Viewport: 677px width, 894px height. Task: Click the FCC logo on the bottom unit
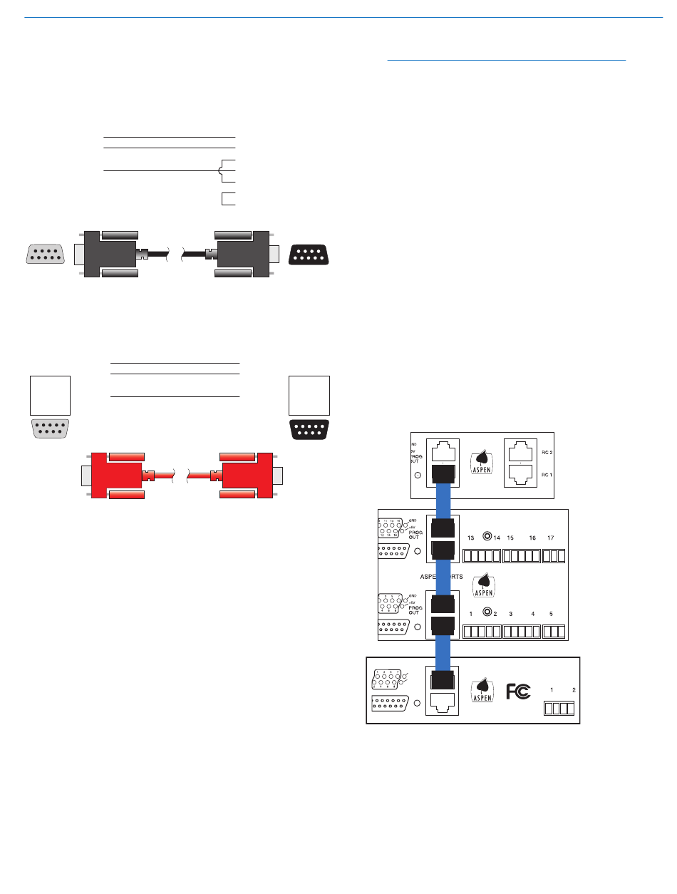(518, 692)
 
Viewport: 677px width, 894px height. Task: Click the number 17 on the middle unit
(550, 537)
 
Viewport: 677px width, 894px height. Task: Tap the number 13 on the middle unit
(470, 537)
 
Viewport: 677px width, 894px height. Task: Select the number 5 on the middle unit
(551, 613)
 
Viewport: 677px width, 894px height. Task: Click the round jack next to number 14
(487, 536)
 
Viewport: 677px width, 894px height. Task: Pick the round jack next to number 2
(487, 612)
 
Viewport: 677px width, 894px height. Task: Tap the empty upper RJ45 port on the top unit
(442, 452)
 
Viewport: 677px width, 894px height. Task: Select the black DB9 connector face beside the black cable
(309, 255)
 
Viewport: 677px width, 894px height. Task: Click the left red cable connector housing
(115, 475)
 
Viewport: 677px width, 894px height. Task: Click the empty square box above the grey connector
(50, 395)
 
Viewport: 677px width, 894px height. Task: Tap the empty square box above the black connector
(309, 395)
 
